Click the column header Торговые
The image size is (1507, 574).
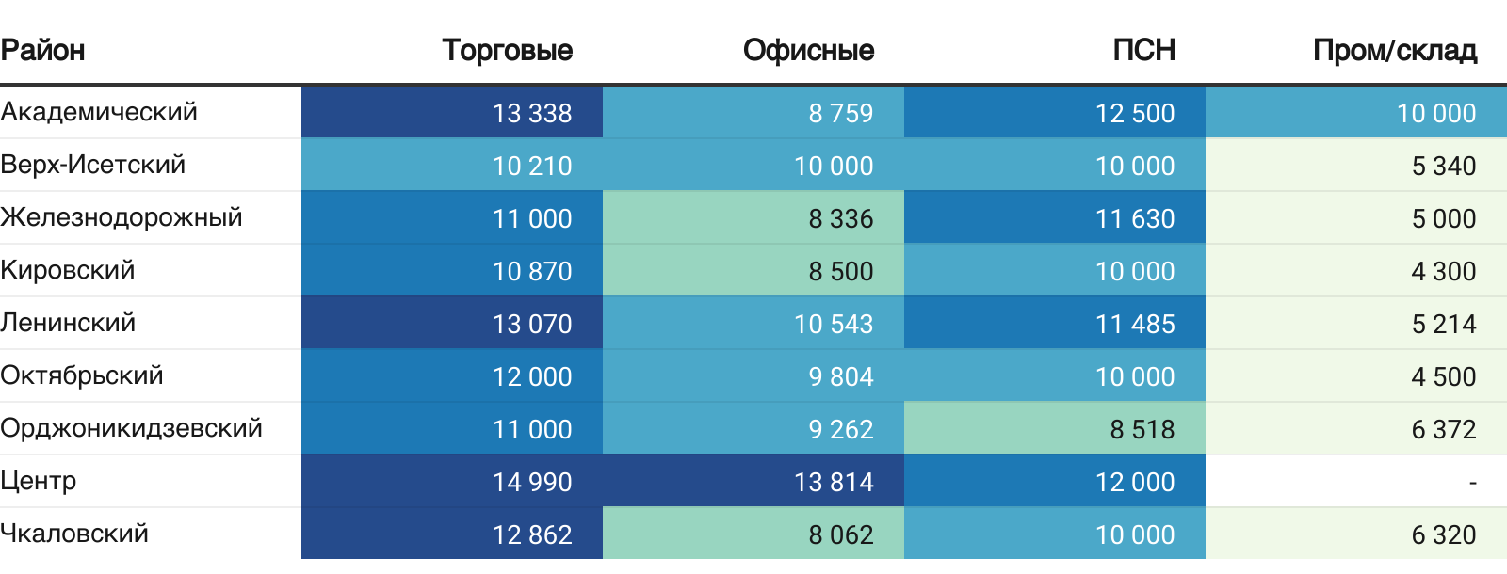point(507,50)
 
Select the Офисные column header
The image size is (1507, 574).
point(808,50)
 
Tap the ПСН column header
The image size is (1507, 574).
point(1143,50)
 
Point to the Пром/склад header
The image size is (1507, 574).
point(1394,50)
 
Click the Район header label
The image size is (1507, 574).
point(43,50)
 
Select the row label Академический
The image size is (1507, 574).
point(99,112)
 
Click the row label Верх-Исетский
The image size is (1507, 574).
point(93,165)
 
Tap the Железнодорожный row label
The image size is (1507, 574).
point(122,217)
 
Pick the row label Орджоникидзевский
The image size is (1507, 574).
point(131,428)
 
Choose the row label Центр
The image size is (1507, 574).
point(39,481)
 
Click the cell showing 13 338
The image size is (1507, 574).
point(532,113)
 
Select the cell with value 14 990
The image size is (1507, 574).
point(532,482)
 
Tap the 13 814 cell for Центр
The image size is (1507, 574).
point(834,482)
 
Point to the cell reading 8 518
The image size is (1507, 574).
point(1142,429)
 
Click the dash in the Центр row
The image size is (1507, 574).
point(1472,483)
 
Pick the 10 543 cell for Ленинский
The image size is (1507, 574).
point(834,324)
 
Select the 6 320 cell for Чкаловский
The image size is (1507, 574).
point(1443,534)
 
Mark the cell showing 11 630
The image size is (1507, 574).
point(1135,218)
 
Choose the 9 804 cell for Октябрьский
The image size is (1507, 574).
point(840,376)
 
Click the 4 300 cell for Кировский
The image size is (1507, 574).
point(1443,271)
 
